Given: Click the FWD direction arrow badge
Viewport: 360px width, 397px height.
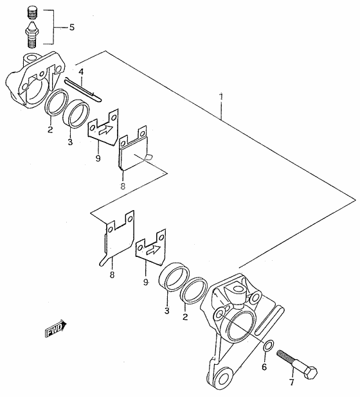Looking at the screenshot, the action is pyautogui.click(x=55, y=328).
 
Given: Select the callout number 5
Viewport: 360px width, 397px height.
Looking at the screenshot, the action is pyautogui.click(x=72, y=27).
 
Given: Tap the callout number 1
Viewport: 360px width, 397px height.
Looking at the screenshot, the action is pyautogui.click(x=221, y=97).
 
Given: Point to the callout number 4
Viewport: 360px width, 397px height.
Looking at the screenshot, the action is pyautogui.click(x=81, y=72).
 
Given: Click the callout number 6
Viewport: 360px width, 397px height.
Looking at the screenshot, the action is pyautogui.click(x=264, y=367).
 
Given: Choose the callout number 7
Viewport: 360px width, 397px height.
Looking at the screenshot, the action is pyautogui.click(x=292, y=382).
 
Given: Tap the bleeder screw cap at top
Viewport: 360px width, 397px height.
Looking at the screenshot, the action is pyautogui.click(x=32, y=13).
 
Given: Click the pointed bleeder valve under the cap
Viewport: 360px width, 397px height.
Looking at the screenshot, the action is pyautogui.click(x=31, y=35).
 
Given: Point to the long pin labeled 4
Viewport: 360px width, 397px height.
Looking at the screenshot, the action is pyautogui.click(x=83, y=89).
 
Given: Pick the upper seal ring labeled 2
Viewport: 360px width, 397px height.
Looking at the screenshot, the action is pyautogui.click(x=56, y=103).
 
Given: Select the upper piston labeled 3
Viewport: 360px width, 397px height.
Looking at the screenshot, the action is pyautogui.click(x=76, y=114).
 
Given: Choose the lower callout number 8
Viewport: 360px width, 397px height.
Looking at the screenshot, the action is pyautogui.click(x=112, y=274).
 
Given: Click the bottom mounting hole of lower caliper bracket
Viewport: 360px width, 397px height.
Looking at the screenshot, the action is pyautogui.click(x=222, y=379).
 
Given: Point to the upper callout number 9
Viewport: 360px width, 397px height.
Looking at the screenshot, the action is pyautogui.click(x=98, y=158).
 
